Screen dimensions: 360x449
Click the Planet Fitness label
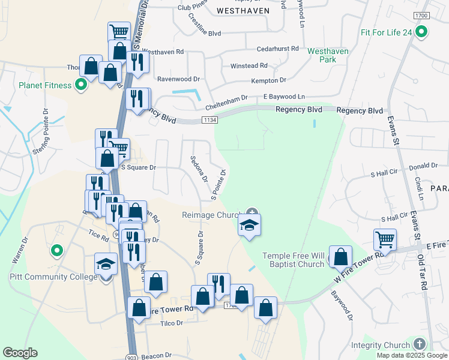(x=45, y=85)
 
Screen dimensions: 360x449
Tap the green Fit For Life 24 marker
(x=421, y=32)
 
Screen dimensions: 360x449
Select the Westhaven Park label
(x=327, y=55)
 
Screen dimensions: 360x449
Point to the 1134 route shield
(x=209, y=121)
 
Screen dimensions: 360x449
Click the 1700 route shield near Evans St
(x=421, y=15)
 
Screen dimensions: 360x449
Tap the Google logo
(x=20, y=353)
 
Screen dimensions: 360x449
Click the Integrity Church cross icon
(x=419, y=344)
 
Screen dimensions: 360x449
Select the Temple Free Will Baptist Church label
(x=294, y=260)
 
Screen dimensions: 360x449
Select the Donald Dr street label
(x=423, y=166)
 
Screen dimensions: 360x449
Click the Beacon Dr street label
(x=157, y=355)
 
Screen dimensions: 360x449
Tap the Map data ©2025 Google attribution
(x=412, y=355)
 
